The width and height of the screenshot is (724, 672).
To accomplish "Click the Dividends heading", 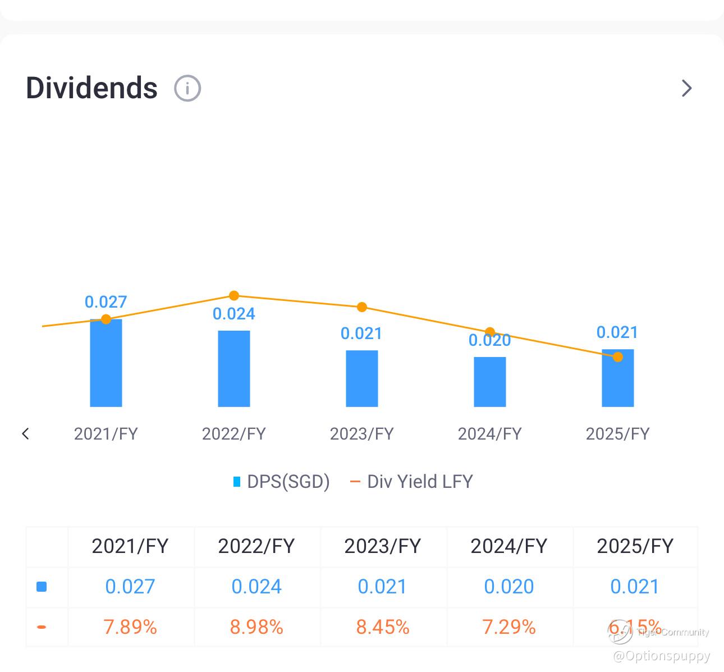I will (91, 88).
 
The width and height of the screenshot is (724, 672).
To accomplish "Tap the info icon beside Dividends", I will (187, 88).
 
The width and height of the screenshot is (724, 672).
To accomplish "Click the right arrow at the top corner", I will (686, 88).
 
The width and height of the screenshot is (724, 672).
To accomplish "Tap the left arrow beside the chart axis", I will (25, 433).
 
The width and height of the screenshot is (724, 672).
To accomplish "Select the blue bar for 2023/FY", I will (362, 378).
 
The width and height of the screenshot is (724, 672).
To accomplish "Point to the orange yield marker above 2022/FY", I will (234, 296).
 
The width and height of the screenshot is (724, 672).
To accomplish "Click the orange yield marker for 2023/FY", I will (362, 307).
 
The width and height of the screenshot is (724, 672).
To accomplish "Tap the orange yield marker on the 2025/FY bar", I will (618, 357).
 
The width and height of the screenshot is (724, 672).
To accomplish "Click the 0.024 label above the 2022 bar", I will (234, 314).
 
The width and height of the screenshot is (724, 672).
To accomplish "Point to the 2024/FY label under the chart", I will (490, 433).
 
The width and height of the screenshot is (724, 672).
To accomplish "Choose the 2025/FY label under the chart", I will (618, 433).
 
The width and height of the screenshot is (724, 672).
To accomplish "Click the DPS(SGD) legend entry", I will (282, 482).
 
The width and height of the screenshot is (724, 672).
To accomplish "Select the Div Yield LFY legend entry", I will (412, 482).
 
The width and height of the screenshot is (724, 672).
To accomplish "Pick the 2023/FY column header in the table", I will (383, 546).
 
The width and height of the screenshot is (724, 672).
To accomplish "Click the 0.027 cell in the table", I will (130, 587).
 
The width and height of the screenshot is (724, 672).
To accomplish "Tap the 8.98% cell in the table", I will (256, 627).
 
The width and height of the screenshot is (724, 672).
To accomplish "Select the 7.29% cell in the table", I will (509, 627).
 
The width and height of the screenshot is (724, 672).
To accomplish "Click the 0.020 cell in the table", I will (509, 587).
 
